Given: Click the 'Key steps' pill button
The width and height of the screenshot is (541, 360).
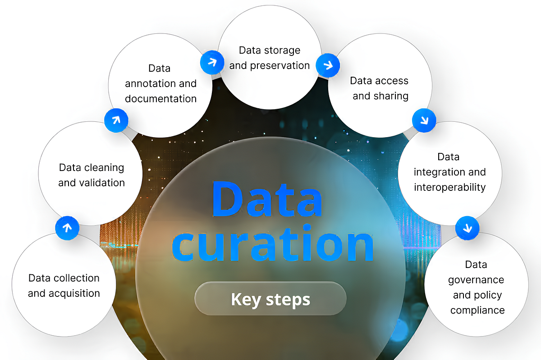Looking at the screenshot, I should click(270, 299).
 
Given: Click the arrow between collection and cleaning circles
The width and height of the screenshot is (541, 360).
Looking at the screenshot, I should click(67, 228).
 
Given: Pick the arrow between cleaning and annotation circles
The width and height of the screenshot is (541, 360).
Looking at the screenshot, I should click(116, 120).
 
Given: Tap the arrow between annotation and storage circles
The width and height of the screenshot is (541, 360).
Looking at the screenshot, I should click(211, 62).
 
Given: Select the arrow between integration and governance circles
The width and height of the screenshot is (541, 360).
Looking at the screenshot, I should click(468, 228).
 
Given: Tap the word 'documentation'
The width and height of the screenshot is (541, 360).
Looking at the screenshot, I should click(161, 98).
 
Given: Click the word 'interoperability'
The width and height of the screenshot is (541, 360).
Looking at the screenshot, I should click(449, 187).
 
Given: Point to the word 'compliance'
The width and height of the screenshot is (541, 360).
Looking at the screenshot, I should click(477, 310).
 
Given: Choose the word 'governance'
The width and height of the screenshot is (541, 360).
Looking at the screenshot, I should click(476, 280).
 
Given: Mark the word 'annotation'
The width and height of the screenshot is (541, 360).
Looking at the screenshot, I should click(152, 83).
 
